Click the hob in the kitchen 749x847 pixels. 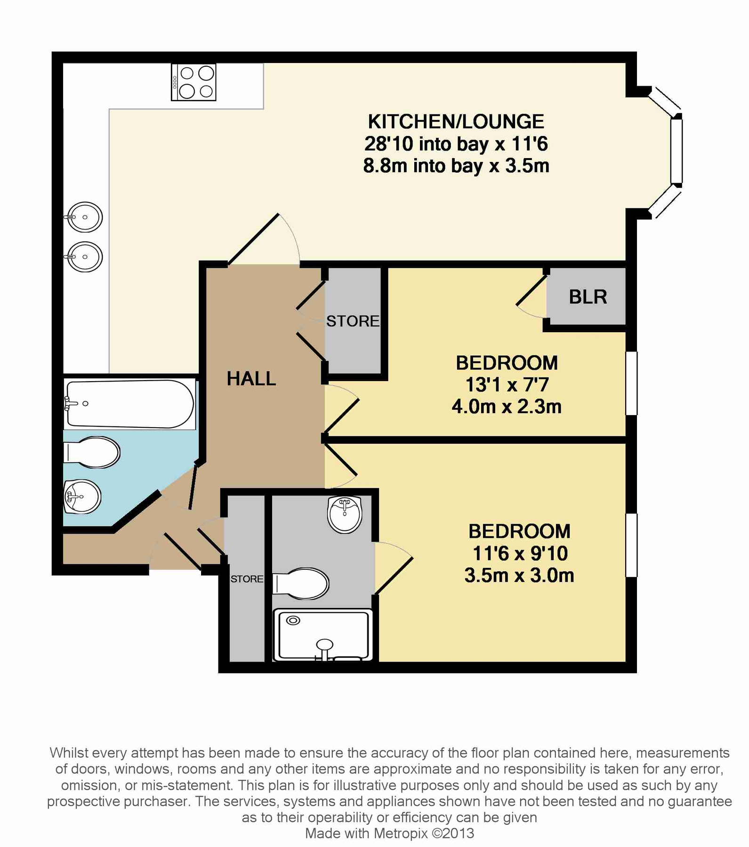(193, 82)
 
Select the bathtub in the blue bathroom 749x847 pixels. (129, 404)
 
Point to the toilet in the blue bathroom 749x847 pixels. (92, 453)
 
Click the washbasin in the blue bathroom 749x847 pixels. (82, 496)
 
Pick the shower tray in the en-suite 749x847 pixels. (323, 635)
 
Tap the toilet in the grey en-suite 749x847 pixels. (300, 583)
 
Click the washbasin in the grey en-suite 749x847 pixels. (345, 514)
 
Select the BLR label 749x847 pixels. (588, 297)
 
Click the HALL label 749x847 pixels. (251, 379)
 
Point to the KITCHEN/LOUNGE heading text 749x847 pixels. (456, 121)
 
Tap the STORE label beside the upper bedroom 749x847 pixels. (353, 321)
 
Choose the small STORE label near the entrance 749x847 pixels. (247, 579)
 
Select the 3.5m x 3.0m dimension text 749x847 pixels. (519, 575)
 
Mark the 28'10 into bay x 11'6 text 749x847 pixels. (456, 144)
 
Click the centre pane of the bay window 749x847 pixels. (677, 151)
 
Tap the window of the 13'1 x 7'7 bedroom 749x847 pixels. (631, 383)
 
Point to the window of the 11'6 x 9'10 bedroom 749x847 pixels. (631, 545)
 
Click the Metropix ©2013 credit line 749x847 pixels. (389, 833)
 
